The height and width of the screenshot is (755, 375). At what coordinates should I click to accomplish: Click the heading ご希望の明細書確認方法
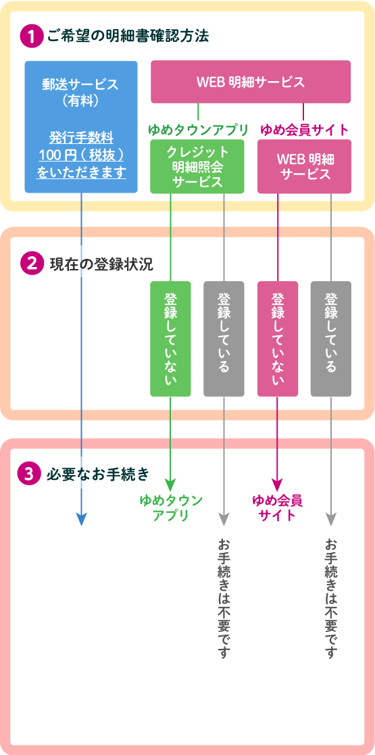click(128, 37)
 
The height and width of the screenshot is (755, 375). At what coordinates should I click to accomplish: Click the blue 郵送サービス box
click(81, 126)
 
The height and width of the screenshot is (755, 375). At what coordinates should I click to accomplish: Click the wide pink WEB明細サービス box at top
click(251, 82)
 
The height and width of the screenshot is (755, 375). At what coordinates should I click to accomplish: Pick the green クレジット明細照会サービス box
click(197, 166)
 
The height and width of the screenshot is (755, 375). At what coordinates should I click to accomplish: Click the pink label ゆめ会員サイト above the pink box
click(304, 130)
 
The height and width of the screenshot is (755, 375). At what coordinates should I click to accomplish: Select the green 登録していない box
click(170, 339)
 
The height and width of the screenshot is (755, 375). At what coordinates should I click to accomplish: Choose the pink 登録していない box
click(278, 339)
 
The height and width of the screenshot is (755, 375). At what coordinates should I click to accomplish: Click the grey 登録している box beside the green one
click(224, 339)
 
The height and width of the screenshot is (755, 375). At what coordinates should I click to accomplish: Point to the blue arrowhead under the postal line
click(81, 520)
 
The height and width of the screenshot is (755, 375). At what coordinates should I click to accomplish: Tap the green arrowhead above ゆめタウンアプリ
click(170, 485)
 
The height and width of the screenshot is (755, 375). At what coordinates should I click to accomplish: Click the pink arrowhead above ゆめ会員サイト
click(278, 485)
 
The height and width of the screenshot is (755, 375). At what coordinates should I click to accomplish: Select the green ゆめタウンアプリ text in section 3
click(170, 508)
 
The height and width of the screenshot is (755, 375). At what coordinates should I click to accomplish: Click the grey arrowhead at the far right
click(331, 520)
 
